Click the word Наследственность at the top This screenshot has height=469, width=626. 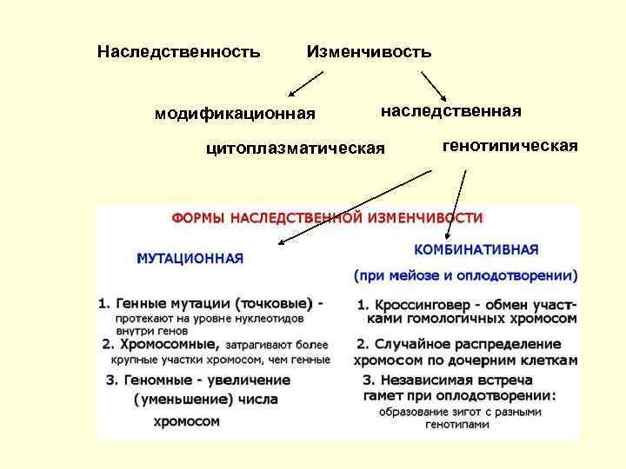point(178,52)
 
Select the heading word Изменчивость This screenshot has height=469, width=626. point(369,52)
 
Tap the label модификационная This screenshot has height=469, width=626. point(235,114)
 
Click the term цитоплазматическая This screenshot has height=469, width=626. point(295,149)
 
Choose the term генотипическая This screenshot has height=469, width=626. point(510,146)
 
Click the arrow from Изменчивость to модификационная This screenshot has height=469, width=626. point(305,83)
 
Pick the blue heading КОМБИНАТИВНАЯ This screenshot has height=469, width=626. point(476,249)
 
